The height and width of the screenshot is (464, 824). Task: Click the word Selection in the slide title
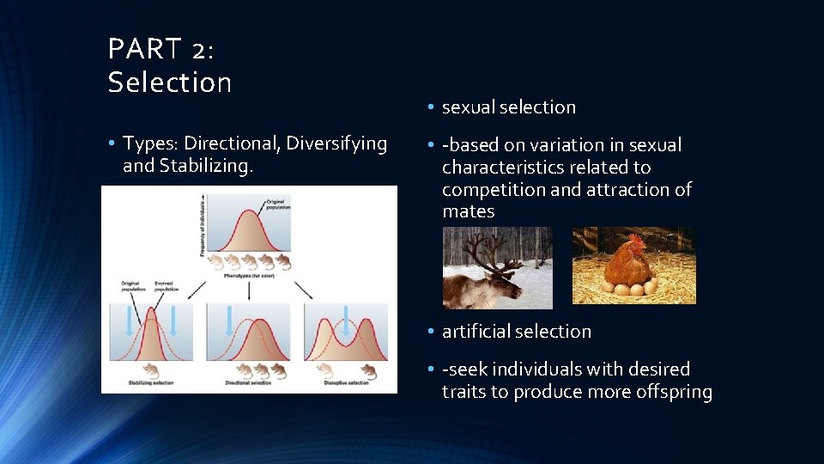coord(170,82)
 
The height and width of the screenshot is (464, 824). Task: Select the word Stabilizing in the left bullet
coord(206,165)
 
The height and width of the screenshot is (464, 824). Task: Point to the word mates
coord(469,211)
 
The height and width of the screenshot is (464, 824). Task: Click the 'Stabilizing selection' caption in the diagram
coord(152,382)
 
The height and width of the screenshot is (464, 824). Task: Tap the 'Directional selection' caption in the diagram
coord(249,382)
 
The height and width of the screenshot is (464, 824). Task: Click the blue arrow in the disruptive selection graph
coord(346,319)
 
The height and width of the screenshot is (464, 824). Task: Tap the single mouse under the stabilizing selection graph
coord(150,369)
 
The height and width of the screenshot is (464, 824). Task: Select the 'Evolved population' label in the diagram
coord(166,285)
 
